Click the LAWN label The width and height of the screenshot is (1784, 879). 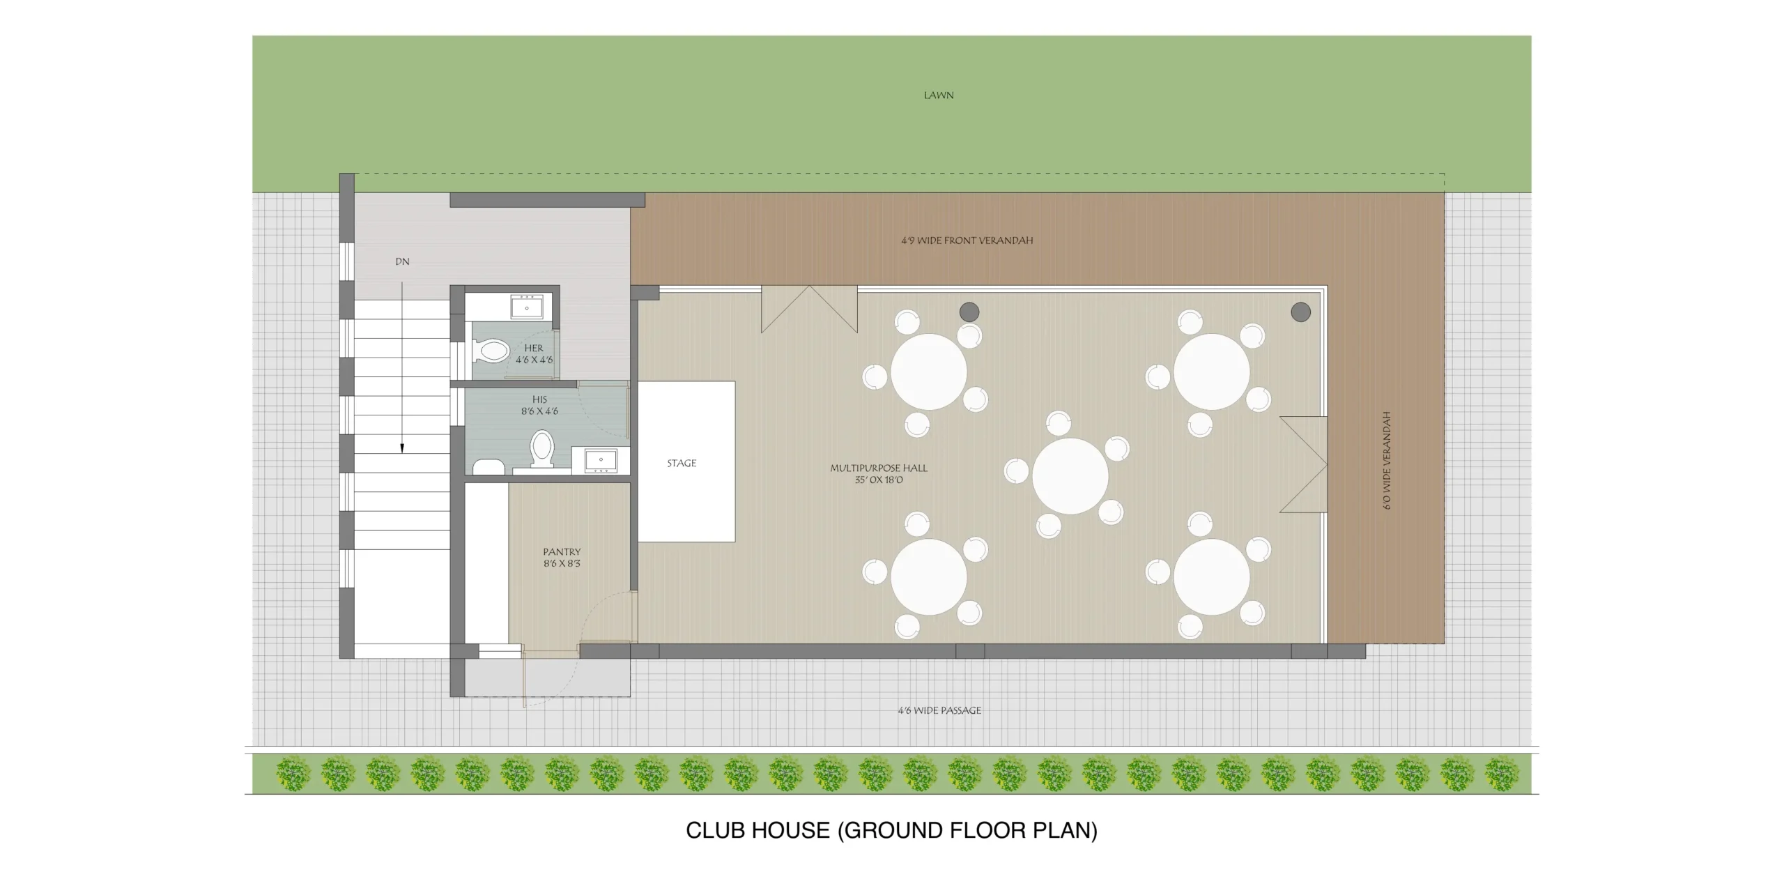[938, 95]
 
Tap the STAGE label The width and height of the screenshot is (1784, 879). [682, 463]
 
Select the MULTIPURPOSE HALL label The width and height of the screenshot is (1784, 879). [879, 468]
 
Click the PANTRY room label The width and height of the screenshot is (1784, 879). [562, 552]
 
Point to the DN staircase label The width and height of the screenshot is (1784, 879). [402, 262]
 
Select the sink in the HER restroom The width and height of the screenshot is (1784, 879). [528, 307]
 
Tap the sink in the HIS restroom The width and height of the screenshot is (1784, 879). [601, 461]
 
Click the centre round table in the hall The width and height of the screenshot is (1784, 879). [1070, 476]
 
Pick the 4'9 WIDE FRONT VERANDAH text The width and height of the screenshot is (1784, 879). [967, 240]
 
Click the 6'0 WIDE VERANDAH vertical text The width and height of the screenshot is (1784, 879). [1387, 460]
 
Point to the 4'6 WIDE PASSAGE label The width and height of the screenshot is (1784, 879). [939, 710]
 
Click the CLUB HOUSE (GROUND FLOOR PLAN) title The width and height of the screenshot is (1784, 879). [891, 830]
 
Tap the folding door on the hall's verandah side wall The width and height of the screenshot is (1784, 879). [1303, 465]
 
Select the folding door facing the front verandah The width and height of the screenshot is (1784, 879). [809, 308]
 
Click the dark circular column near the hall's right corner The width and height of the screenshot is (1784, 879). [1300, 312]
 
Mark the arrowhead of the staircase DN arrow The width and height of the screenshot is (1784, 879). [402, 448]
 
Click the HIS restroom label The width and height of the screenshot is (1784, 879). [539, 399]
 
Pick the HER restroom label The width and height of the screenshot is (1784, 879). [534, 348]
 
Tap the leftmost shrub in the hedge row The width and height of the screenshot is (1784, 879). [293, 774]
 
